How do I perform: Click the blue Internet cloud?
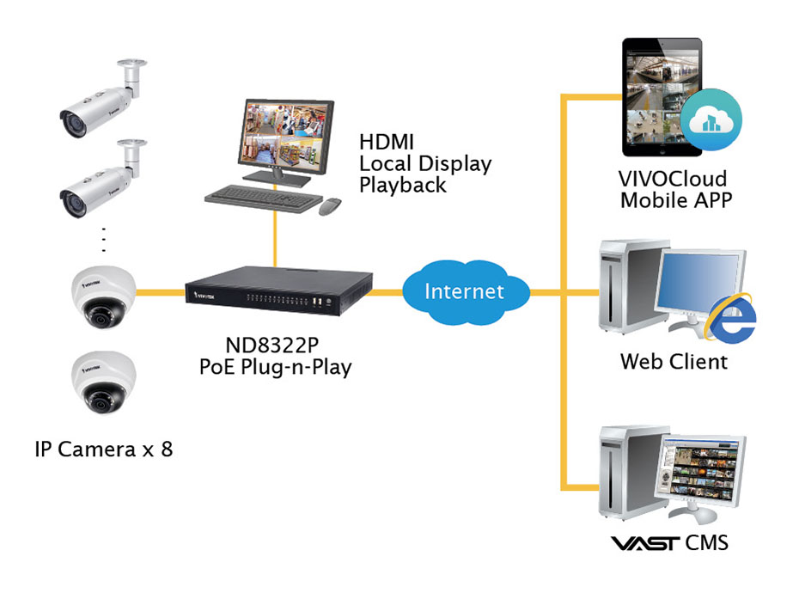click(466, 292)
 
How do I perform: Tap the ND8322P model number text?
click(272, 345)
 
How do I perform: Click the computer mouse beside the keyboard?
click(330, 206)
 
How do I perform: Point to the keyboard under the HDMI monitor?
click(264, 198)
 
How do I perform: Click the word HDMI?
click(387, 143)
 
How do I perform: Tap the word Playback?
click(403, 185)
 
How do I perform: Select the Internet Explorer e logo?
click(731, 318)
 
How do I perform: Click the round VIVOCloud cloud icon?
click(711, 119)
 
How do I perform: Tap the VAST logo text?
click(644, 543)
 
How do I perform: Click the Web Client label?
click(674, 362)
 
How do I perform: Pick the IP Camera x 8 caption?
click(104, 449)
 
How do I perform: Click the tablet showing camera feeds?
click(662, 97)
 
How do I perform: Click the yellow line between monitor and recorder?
click(275, 239)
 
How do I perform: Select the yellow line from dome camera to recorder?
click(161, 293)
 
